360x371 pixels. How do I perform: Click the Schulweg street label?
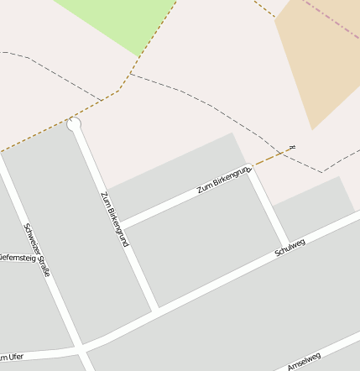(290, 248)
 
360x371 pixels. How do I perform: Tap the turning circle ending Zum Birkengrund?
(75, 124)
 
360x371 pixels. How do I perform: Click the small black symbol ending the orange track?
(292, 148)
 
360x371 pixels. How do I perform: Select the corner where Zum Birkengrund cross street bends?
(248, 169)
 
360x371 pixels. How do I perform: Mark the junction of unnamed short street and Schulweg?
(288, 244)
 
